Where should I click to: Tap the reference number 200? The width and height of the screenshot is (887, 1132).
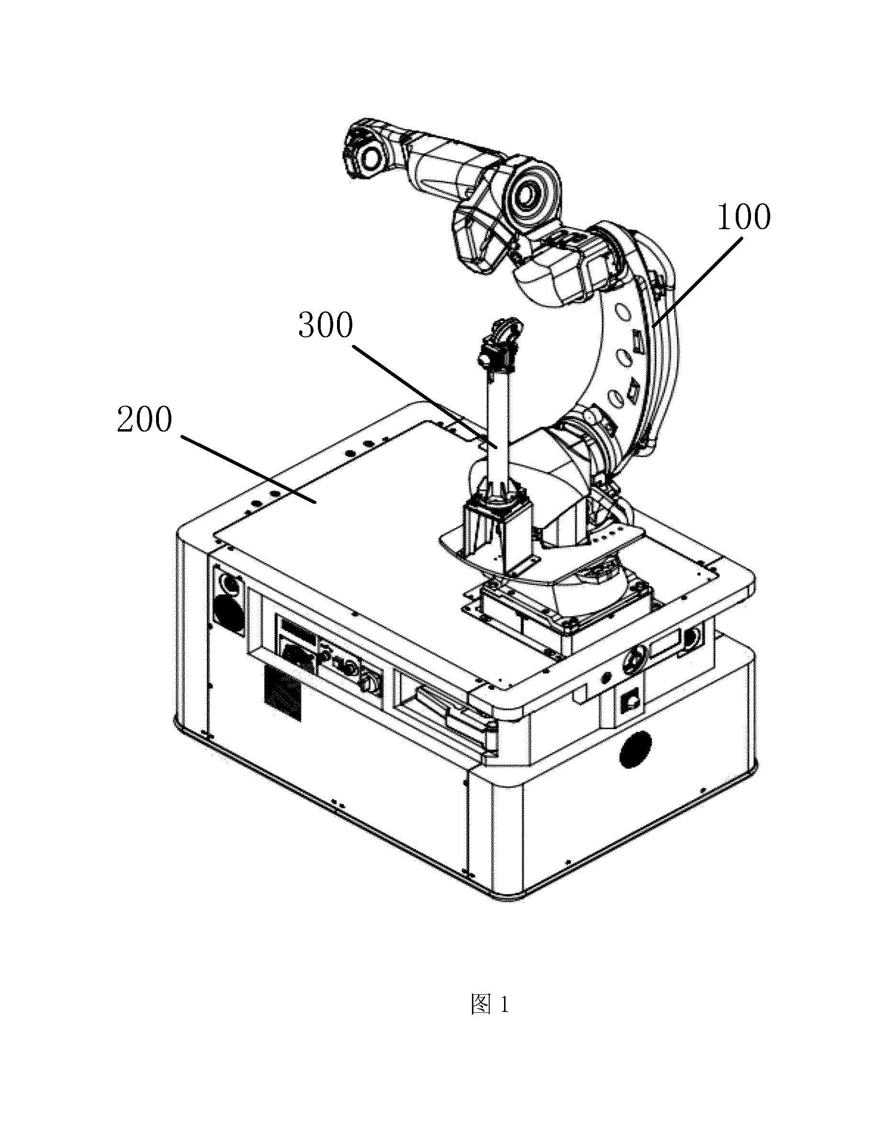(x=145, y=420)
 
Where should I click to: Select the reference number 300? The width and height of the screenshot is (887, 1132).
(x=325, y=325)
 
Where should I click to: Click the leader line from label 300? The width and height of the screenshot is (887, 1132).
(x=426, y=396)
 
